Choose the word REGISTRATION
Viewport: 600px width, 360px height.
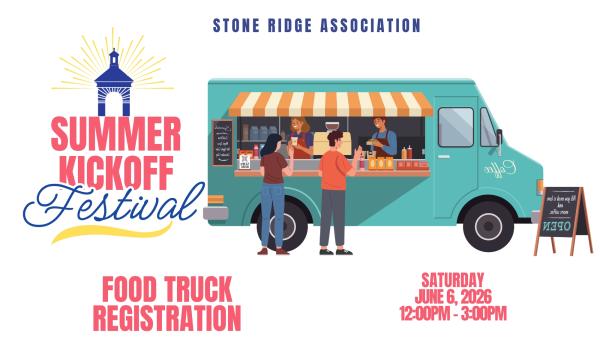pyautogui.click(x=166, y=318)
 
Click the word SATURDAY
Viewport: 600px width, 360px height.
pyautogui.click(x=452, y=279)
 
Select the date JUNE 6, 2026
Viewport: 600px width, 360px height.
pyautogui.click(x=452, y=295)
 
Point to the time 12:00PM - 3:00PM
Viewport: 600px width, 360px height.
pyautogui.click(x=452, y=312)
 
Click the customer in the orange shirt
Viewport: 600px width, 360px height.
pyautogui.click(x=333, y=190)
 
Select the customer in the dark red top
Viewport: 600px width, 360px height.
pyautogui.click(x=271, y=195)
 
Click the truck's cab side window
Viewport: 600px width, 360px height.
pyautogui.click(x=456, y=127)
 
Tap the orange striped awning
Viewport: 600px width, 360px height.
pyautogui.click(x=330, y=104)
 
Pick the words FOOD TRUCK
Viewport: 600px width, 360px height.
pyautogui.click(x=166, y=290)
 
